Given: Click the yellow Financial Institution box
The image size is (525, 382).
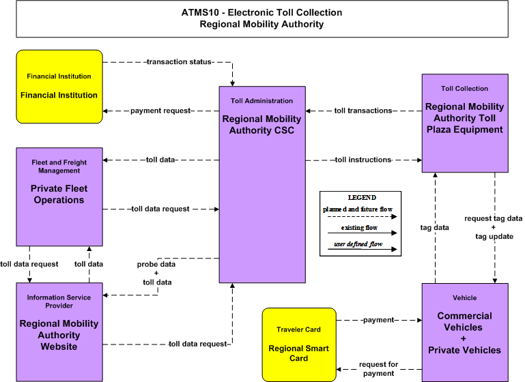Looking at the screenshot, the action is pyautogui.click(x=59, y=87).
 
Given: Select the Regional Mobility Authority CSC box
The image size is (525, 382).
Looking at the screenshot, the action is pyautogui.click(x=262, y=185).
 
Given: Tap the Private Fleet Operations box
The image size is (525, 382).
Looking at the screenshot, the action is pyautogui.click(x=59, y=196).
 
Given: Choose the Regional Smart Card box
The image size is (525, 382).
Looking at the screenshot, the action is pyautogui.click(x=299, y=344).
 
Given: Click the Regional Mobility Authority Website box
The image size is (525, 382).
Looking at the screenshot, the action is pyautogui.click(x=59, y=332).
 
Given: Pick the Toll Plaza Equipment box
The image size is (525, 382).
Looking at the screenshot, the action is pyautogui.click(x=465, y=123).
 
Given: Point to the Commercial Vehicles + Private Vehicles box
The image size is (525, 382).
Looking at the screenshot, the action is pyautogui.click(x=465, y=332).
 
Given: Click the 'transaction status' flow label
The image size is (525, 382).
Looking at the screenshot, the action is pyautogui.click(x=179, y=62).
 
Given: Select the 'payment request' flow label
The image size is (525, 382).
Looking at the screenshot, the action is pyautogui.click(x=160, y=111).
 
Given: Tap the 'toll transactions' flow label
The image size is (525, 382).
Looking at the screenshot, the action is pyautogui.click(x=363, y=111).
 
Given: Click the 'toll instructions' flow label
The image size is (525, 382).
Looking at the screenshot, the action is pyautogui.click(x=363, y=160).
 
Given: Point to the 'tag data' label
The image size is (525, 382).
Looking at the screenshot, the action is pyautogui.click(x=435, y=228).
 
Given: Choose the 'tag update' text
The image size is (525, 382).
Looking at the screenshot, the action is pyautogui.click(x=494, y=237).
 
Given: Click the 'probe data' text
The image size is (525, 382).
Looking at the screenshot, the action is pyautogui.click(x=156, y=264).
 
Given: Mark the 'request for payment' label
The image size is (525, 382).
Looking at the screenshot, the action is pyautogui.click(x=379, y=369).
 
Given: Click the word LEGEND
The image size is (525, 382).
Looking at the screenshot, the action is pyautogui.click(x=362, y=198).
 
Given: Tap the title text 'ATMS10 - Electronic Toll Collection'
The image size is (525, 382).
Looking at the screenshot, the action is pyautogui.click(x=262, y=13).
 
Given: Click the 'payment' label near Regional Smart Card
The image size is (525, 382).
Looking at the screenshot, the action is pyautogui.click(x=379, y=320).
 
